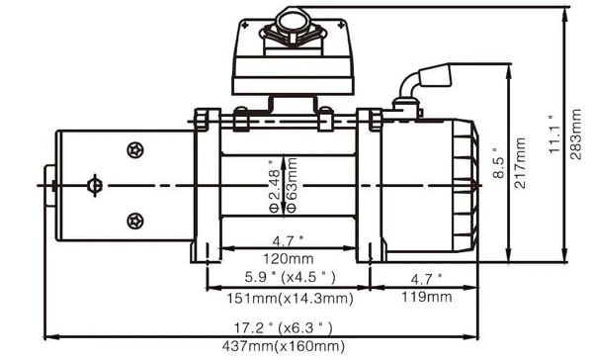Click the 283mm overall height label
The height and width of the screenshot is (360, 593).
(575, 134)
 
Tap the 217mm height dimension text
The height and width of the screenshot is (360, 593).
(519, 163)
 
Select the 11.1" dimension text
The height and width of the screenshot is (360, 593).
(554, 135)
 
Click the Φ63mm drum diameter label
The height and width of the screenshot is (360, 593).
(292, 186)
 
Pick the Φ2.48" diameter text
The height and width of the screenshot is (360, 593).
(274, 186)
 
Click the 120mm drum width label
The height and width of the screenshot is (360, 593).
(289, 259)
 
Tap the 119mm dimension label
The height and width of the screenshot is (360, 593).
(427, 297)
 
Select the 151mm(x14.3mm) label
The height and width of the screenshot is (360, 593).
(290, 299)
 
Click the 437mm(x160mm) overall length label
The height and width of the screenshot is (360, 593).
(284, 346)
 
